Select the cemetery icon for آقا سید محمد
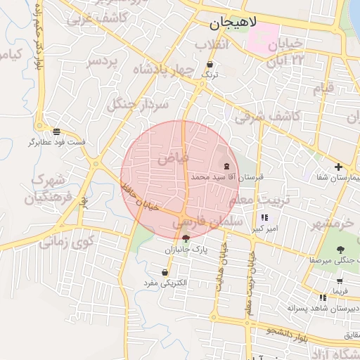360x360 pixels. point(226,167)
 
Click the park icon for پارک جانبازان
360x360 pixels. point(185,239)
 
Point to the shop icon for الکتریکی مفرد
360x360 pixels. point(165,272)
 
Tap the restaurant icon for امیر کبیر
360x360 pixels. point(264,218)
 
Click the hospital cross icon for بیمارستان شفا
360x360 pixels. point(339,167)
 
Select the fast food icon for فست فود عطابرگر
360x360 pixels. point(56,131)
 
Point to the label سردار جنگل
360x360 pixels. point(138,105)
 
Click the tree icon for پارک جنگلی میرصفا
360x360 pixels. point(340,250)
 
